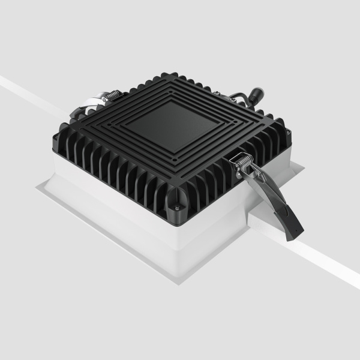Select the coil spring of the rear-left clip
[112, 95]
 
